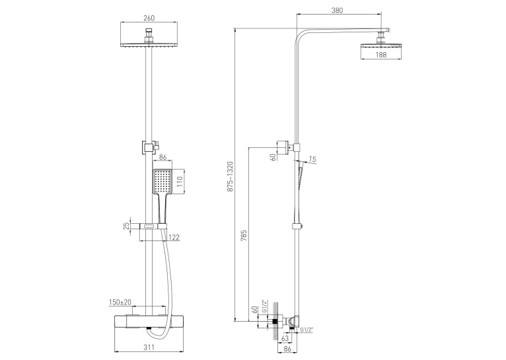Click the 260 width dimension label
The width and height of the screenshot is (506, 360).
[x=149, y=18]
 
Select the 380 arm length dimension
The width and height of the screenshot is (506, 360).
[x=337, y=11]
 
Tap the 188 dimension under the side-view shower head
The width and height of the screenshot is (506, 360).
[x=380, y=55]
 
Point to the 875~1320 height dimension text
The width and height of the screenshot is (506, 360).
[x=230, y=177]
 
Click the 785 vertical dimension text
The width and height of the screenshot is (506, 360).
[x=244, y=235]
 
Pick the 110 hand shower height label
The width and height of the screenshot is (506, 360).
[x=180, y=182]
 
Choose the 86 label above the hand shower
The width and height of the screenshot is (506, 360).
[x=163, y=157]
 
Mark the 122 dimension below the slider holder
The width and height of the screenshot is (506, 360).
[x=174, y=238]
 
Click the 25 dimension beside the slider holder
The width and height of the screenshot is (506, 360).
[x=127, y=225]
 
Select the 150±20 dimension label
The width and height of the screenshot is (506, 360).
[x=120, y=303]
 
